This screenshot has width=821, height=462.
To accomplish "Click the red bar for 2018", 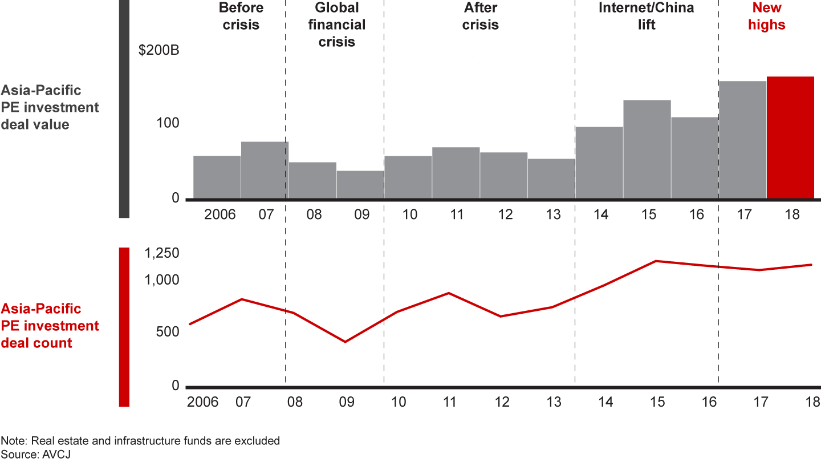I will tap(790, 137).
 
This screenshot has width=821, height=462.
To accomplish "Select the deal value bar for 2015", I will tap(647, 149).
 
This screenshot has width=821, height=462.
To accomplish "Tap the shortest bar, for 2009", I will tap(360, 185).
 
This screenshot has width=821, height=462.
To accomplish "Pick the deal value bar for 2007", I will tap(265, 170).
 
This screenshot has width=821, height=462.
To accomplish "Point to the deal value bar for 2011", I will tap(456, 173).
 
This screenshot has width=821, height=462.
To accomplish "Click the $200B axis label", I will tap(159, 51).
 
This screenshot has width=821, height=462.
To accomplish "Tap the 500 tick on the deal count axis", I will tap(167, 332).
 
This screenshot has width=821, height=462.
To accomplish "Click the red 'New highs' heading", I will tap(766, 17).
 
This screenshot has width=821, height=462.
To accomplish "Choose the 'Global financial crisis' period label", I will tap(337, 25).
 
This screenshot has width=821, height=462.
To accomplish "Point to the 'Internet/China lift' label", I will tap(647, 17).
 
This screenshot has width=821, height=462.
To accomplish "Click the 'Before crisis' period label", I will tap(241, 17).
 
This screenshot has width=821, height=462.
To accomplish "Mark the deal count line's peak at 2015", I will tap(657, 261).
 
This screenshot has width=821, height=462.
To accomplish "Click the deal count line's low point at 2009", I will tap(346, 342).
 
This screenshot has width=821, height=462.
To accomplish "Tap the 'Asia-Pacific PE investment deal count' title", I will tap(50, 326).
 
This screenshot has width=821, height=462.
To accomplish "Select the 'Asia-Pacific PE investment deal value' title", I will tap(50, 107).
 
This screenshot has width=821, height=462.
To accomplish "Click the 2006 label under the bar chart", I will tap(220, 214).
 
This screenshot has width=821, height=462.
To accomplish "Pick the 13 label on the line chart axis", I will tap(554, 402).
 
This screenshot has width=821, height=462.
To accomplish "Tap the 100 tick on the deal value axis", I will tap(168, 123).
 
